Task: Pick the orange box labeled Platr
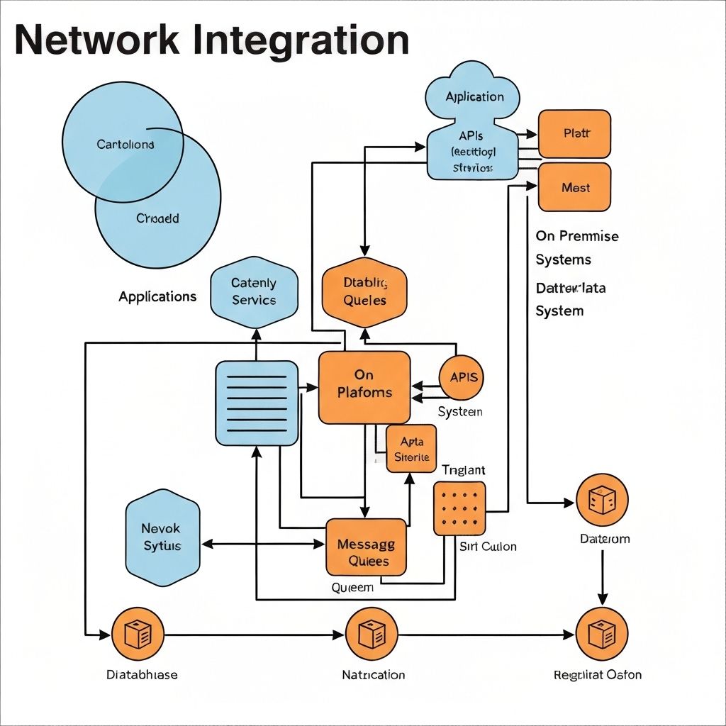pos(574,133)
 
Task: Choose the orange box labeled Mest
pos(574,187)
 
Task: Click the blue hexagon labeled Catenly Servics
pos(254,292)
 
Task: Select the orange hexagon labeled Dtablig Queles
pos(364,292)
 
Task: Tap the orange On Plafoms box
pos(364,387)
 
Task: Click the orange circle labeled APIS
pos(463,378)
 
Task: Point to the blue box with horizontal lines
pos(256,403)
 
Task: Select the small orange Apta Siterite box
pos(411,449)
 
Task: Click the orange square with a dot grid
pos(459,508)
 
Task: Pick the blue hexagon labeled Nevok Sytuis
pos(162,537)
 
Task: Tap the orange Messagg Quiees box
pos(367,547)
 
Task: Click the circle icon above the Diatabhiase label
pos(138,634)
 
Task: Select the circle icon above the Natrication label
pos(370,634)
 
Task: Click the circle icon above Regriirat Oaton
pos(601,633)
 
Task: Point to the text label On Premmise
pos(577,236)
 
